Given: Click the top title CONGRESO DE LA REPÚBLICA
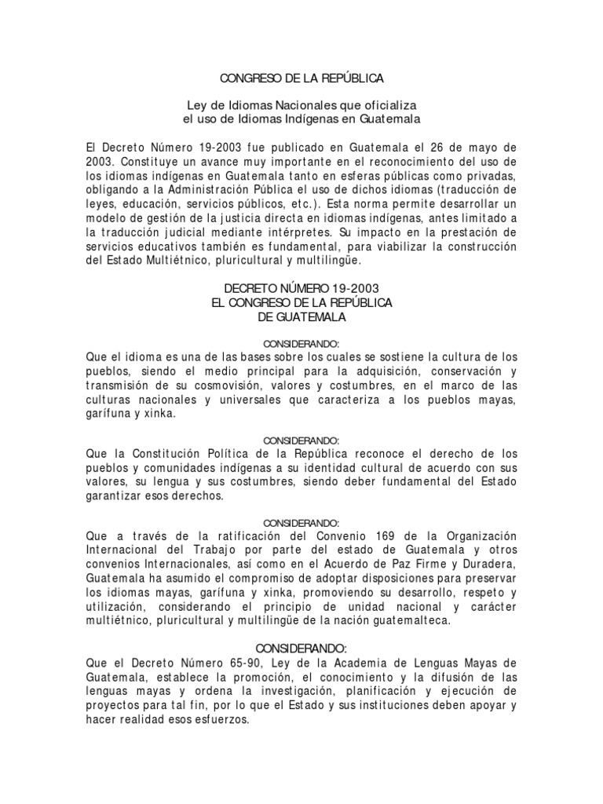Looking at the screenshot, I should (x=301, y=79).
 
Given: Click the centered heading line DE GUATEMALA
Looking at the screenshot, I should (x=301, y=316).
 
